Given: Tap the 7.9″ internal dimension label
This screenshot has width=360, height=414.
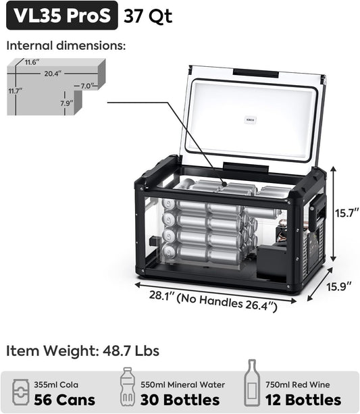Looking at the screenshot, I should pyautogui.click(x=66, y=103).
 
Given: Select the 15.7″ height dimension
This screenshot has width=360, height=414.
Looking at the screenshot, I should pyautogui.click(x=346, y=213).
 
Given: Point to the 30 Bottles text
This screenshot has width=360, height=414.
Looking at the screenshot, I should pyautogui.click(x=181, y=399).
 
